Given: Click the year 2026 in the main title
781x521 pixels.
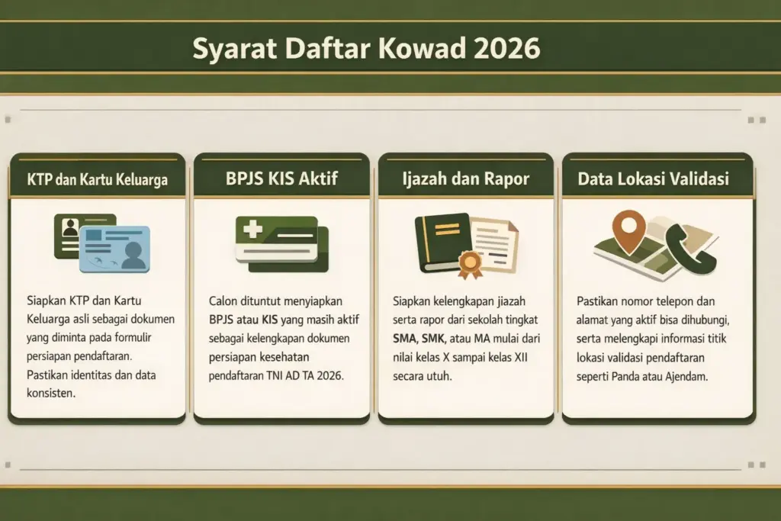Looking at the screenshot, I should (x=506, y=48).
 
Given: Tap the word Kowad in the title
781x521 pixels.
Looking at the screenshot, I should (x=421, y=48).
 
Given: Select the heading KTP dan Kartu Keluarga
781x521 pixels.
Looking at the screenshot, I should (x=97, y=181).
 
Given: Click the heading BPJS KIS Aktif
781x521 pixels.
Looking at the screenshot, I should (x=281, y=180).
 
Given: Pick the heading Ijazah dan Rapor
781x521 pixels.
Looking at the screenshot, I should (x=466, y=180).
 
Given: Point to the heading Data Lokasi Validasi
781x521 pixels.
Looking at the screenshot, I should (x=653, y=180).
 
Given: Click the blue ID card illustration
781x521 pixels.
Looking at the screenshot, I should (x=115, y=249).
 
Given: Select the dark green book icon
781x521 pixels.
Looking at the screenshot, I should (x=442, y=242).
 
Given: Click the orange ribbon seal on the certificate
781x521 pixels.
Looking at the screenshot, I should (x=470, y=264).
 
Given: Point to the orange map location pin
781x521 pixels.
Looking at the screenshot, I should (x=628, y=229).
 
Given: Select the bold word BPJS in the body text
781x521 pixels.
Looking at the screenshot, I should (x=223, y=320).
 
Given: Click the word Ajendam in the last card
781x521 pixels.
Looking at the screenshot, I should (x=691, y=375).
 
